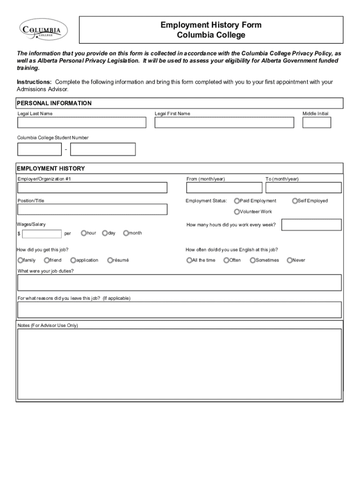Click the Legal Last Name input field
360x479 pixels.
click(x=82, y=123)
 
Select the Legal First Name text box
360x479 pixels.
click(x=224, y=123)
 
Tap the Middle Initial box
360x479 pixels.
click(x=317, y=123)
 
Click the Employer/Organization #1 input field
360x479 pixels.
click(x=92, y=188)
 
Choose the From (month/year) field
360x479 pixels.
click(x=224, y=188)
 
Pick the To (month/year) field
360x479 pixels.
click(x=303, y=188)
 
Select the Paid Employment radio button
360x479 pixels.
click(x=237, y=201)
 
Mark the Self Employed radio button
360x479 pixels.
click(x=295, y=201)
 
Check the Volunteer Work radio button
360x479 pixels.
click(x=237, y=211)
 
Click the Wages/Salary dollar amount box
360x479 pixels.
click(x=42, y=234)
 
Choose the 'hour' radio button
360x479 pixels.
click(x=84, y=232)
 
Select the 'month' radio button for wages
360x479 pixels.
click(x=126, y=232)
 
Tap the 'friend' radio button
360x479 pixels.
click(x=47, y=260)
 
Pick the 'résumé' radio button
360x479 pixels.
click(x=110, y=260)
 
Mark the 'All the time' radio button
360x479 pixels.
click(x=189, y=260)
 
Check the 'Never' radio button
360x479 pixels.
click(x=289, y=260)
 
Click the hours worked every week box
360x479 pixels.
click(x=311, y=225)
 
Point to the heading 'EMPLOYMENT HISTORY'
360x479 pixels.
click(x=51, y=168)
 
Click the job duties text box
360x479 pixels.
click(x=180, y=283)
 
